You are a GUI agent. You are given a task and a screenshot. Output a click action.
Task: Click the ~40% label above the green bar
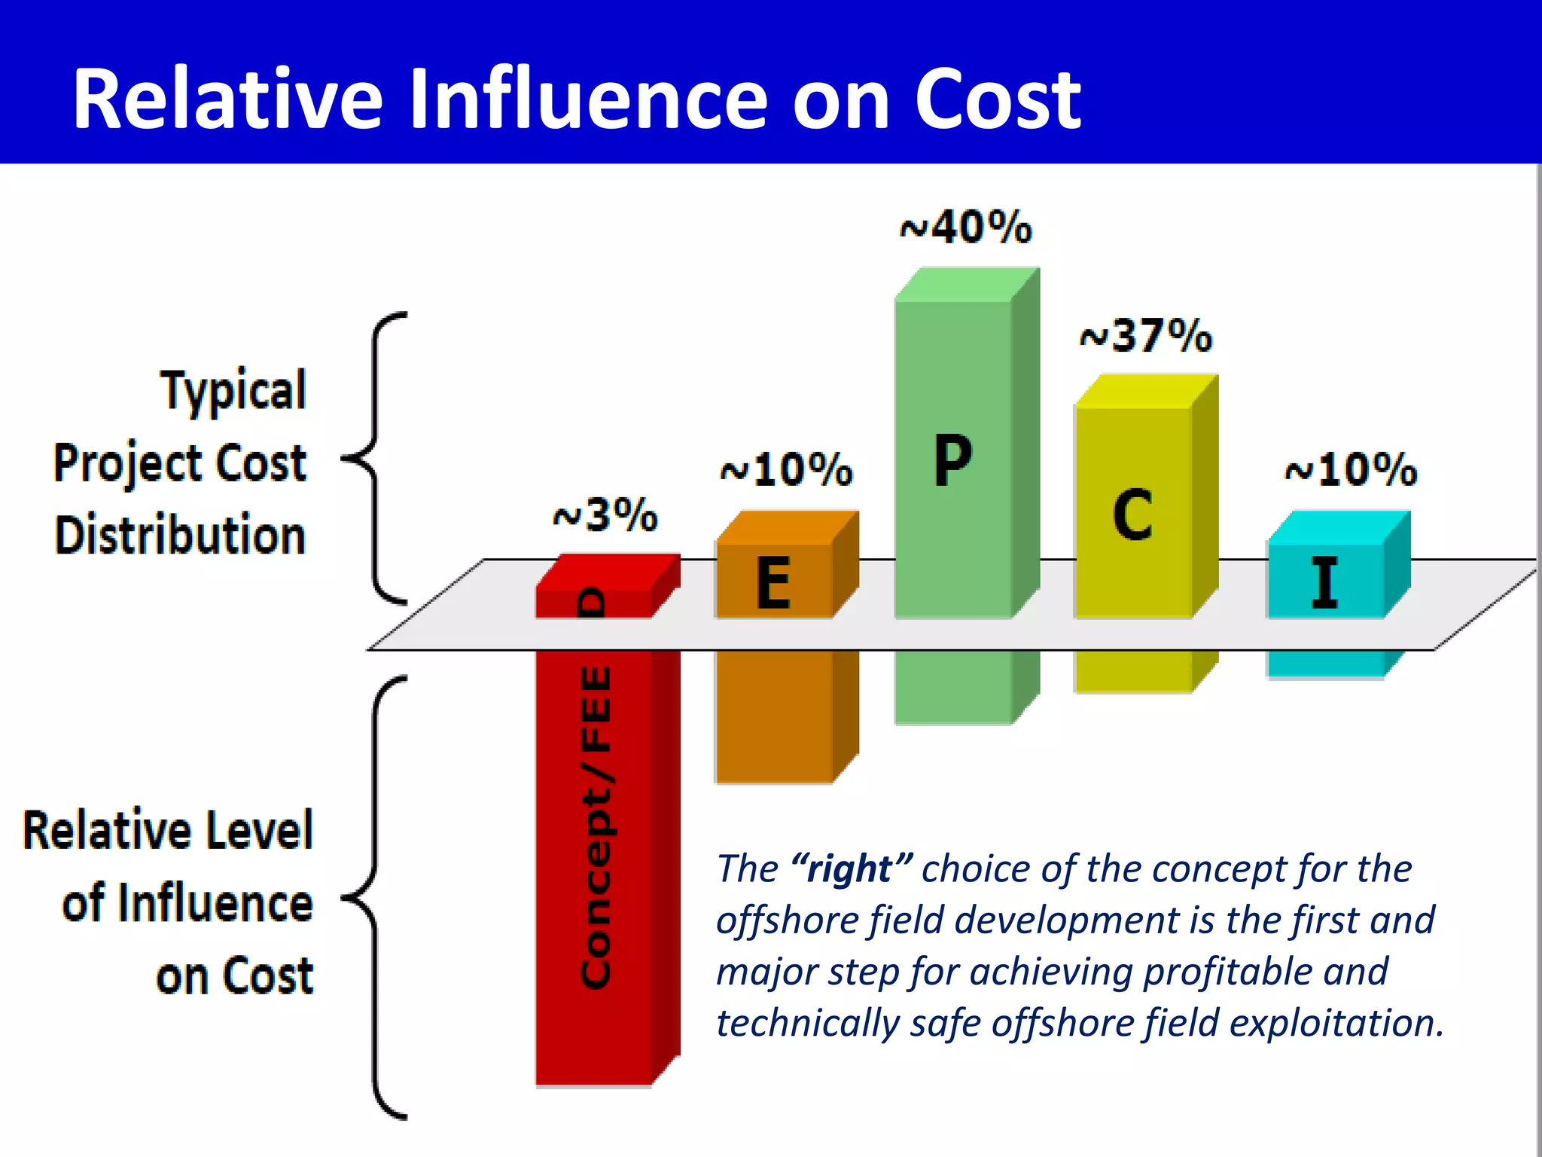click(x=967, y=227)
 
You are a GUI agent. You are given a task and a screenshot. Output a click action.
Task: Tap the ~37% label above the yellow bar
click(x=1146, y=336)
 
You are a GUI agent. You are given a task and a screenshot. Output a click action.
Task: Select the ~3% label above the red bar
click(x=605, y=516)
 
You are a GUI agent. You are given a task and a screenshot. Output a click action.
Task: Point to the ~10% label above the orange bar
click(x=787, y=471)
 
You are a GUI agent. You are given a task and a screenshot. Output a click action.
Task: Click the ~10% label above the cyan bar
click(x=1352, y=471)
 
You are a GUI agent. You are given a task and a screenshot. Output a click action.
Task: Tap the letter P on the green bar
click(x=953, y=460)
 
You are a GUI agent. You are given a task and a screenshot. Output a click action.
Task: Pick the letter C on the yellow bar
click(x=1132, y=515)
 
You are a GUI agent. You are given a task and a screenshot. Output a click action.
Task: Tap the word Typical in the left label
click(x=233, y=391)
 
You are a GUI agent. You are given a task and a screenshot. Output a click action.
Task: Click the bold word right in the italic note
click(x=851, y=869)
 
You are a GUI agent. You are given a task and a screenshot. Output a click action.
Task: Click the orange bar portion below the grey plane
click(x=775, y=716)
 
